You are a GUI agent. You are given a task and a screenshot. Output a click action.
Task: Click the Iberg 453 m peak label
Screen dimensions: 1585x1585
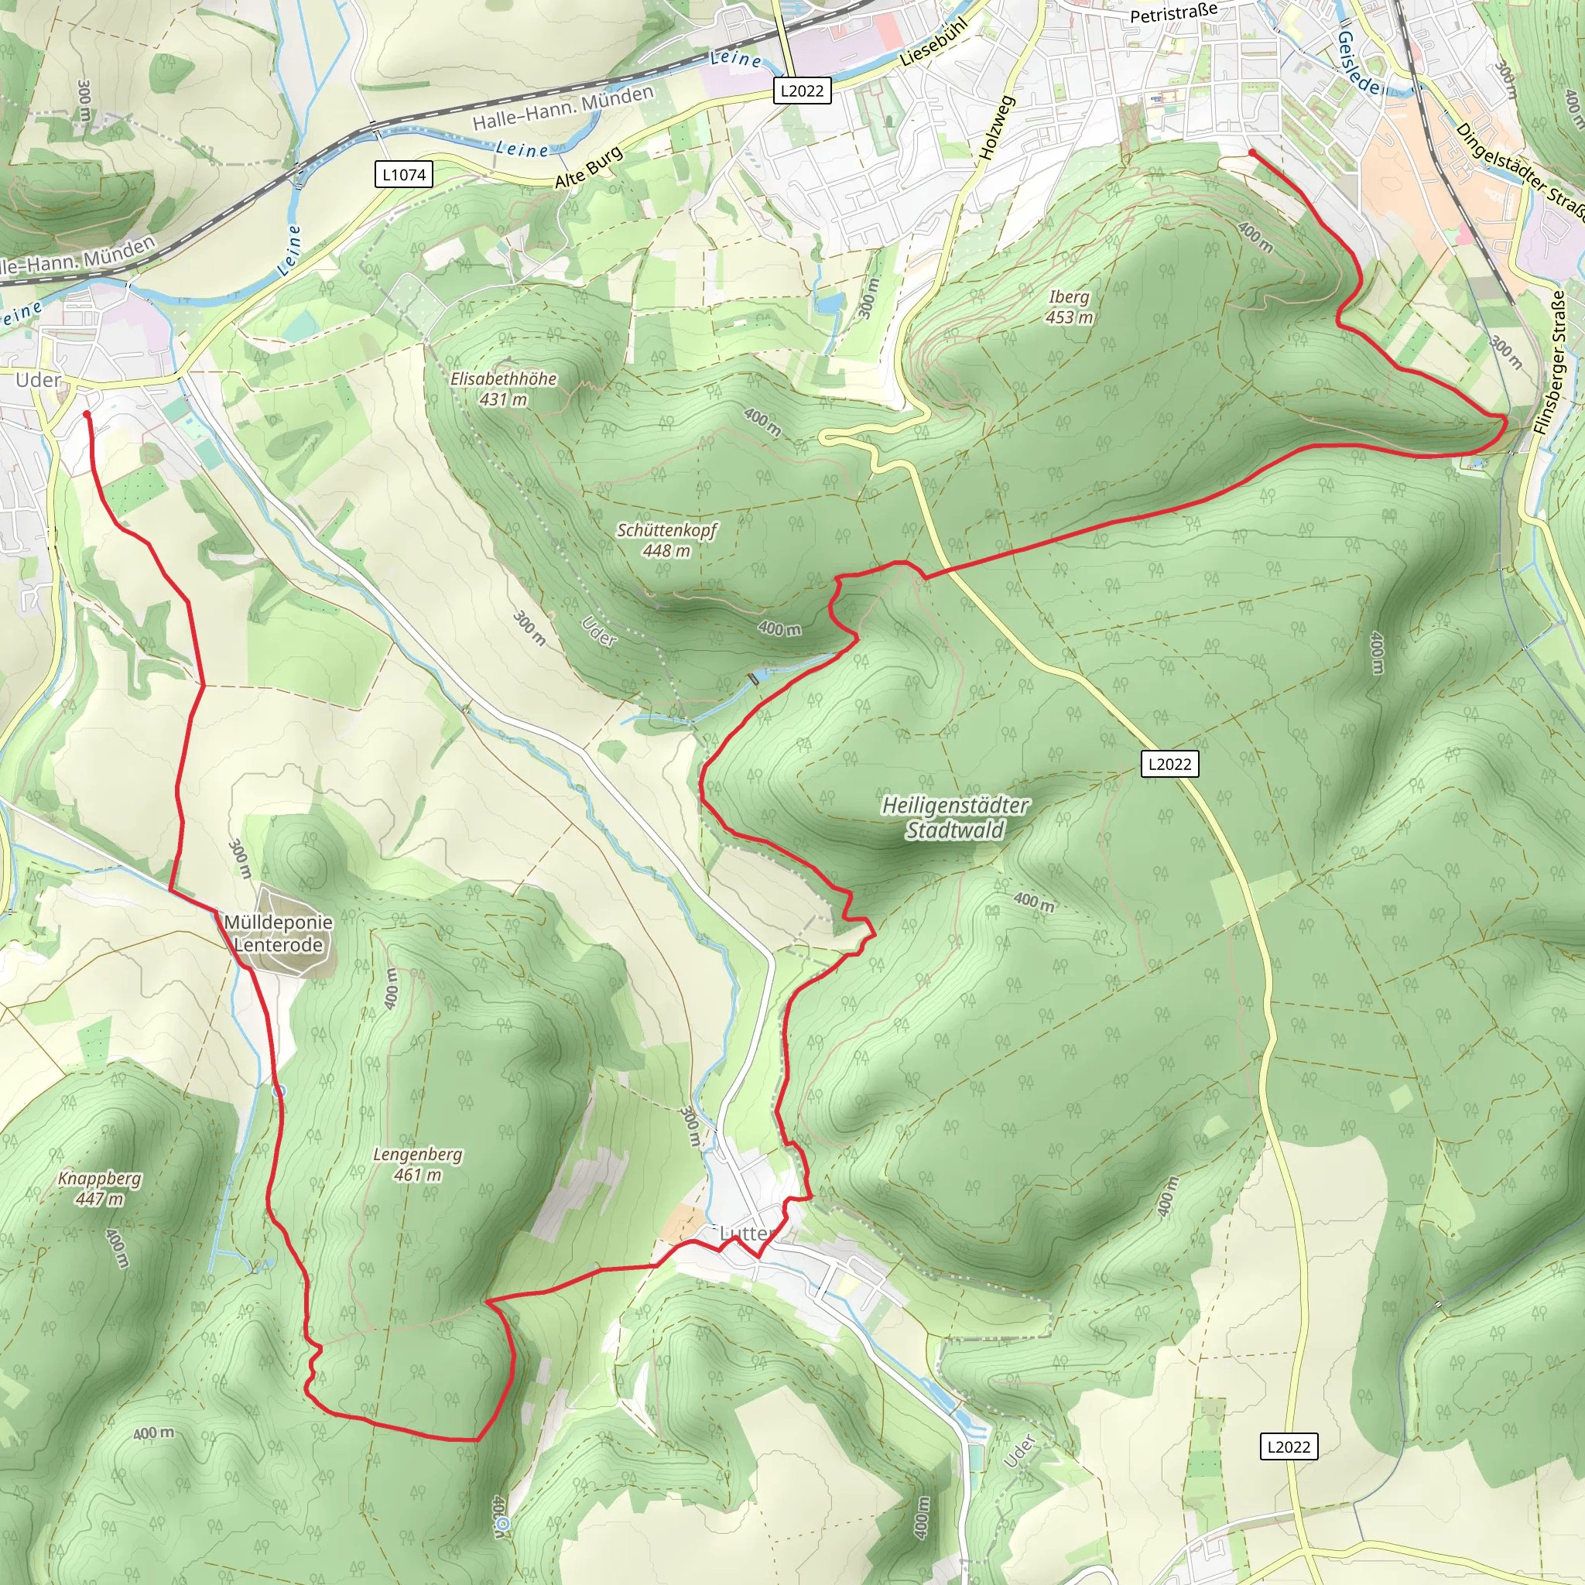pos(1069,306)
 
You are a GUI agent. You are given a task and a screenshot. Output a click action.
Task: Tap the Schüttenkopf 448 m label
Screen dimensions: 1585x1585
pos(666,540)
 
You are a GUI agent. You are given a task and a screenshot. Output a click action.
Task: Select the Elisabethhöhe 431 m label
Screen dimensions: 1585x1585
pos(503,389)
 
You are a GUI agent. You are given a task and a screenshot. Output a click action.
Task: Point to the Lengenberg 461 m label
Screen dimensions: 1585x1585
pos(418,1164)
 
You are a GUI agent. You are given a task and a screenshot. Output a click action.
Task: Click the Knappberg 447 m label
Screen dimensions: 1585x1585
pos(99,1188)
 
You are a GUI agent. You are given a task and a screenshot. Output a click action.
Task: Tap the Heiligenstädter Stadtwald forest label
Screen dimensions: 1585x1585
pos(955,818)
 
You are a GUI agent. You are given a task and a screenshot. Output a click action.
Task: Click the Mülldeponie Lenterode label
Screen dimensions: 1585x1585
pos(278,933)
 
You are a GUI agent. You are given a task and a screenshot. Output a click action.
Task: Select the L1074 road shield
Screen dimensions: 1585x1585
pos(404,175)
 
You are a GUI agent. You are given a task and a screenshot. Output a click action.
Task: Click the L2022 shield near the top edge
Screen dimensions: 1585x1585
pos(802,91)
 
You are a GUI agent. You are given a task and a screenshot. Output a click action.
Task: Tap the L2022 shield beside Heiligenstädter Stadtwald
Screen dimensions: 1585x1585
pos(1169,764)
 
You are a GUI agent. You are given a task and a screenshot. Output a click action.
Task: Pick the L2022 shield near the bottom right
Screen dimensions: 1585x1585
pos(1288,1446)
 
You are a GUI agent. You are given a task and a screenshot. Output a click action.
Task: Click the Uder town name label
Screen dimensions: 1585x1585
pos(38,380)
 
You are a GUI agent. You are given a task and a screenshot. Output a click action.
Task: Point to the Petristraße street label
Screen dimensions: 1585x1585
pos(1173,12)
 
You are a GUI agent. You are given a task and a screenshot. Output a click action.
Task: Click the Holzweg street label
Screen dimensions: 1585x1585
pos(997,127)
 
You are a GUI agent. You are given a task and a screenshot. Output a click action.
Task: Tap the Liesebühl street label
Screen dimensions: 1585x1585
pos(934,41)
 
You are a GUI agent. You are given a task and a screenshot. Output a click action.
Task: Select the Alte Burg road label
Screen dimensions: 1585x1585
pos(589,168)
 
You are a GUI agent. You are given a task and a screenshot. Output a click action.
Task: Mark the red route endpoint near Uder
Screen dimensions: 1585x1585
pos(87,414)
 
